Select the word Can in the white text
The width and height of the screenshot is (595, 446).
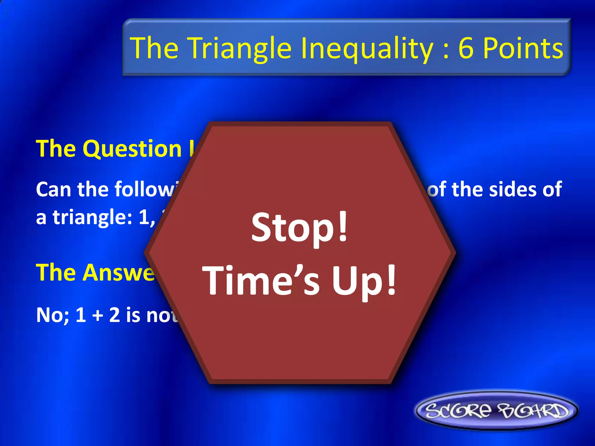pyautogui.click(x=53, y=190)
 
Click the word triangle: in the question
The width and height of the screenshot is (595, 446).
pyautogui.click(x=93, y=217)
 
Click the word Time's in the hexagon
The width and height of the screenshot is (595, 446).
pyautogui.click(x=261, y=280)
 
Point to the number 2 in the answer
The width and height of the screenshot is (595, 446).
pyautogui.click(x=114, y=315)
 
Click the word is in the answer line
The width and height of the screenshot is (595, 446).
pyautogui.click(x=133, y=315)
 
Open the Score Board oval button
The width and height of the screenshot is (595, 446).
pyautogui.click(x=496, y=410)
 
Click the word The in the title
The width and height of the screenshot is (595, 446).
pyautogui.click(x=154, y=48)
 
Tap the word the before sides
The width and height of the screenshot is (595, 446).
pyautogui.click(x=468, y=190)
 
